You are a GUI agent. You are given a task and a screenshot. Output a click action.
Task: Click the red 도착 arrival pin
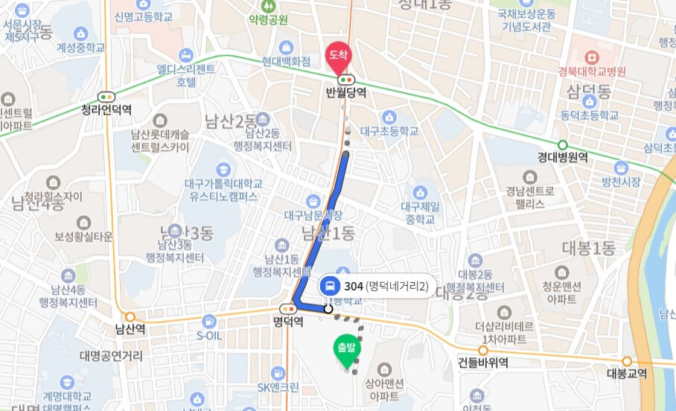(x=338, y=54)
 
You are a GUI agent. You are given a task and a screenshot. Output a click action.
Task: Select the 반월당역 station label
(x=346, y=93)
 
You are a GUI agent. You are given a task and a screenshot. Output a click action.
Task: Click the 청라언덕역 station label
(x=106, y=109)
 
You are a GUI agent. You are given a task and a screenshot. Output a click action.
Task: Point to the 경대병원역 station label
(x=563, y=158)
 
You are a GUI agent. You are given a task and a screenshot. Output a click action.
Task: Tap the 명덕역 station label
(x=288, y=322)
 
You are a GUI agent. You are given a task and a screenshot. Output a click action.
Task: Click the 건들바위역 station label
(x=483, y=363)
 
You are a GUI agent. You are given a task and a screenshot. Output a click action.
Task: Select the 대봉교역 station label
(x=627, y=374)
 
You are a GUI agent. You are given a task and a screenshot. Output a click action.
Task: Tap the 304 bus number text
(x=354, y=285)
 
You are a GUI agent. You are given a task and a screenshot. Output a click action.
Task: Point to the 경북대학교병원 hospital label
(x=592, y=71)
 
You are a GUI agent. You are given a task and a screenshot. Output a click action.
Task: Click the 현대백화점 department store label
(x=286, y=63)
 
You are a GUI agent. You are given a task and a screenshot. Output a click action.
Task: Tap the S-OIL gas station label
(x=210, y=335)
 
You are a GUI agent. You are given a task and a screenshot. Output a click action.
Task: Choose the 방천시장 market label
(x=622, y=181)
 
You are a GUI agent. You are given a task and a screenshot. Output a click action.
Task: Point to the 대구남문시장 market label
(x=313, y=215)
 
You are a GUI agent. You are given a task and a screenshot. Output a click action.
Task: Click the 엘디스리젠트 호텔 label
(x=186, y=74)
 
